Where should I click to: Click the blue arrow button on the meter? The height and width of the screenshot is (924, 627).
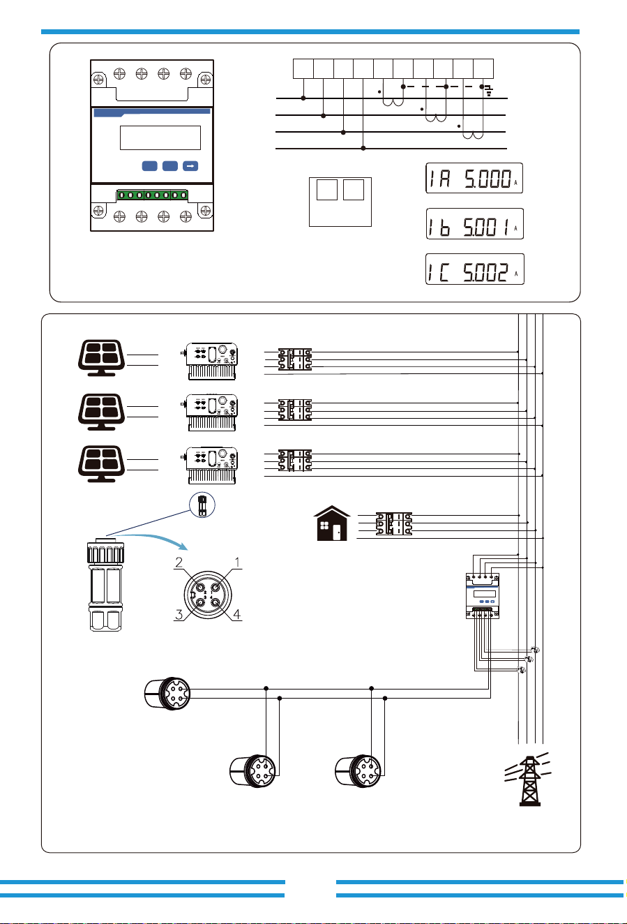click(x=190, y=166)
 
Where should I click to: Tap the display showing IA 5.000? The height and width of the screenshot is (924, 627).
click(x=474, y=178)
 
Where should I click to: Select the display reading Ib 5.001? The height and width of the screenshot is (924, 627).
click(x=474, y=223)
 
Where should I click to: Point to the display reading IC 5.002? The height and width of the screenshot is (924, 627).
click(x=474, y=269)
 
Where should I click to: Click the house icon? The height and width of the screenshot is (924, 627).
click(x=332, y=523)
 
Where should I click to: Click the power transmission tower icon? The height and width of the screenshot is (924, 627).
click(x=529, y=779)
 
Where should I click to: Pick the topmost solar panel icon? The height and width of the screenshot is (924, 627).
click(x=101, y=357)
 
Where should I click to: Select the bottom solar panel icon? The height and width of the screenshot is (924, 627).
click(x=101, y=463)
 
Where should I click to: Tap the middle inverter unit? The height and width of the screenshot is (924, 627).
click(x=210, y=412)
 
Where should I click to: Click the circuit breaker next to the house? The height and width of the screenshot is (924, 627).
click(x=394, y=523)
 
